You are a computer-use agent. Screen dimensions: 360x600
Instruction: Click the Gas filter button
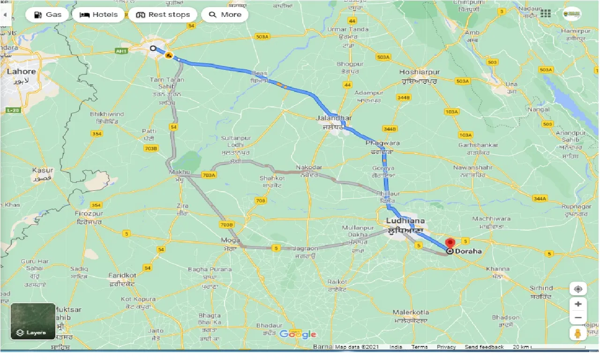[x=47, y=15]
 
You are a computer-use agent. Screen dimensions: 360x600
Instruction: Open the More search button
[x=225, y=15]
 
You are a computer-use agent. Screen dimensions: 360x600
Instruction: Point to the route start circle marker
[x=153, y=48]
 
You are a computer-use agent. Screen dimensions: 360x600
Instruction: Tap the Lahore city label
[x=21, y=72]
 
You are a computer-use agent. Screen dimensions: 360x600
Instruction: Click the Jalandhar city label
[x=334, y=118]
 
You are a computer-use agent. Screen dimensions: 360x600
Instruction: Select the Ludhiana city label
[x=405, y=221]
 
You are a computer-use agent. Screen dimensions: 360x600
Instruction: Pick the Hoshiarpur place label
[x=420, y=72]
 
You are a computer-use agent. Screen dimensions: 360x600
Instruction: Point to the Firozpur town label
[x=89, y=214]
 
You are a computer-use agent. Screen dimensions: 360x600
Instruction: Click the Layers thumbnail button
[x=33, y=322]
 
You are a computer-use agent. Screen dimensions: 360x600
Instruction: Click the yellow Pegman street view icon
[x=578, y=333]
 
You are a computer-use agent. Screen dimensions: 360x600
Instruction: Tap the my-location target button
[x=578, y=288]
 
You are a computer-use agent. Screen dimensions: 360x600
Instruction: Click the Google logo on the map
[x=298, y=334]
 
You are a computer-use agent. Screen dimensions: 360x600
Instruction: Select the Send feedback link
[x=484, y=347]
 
